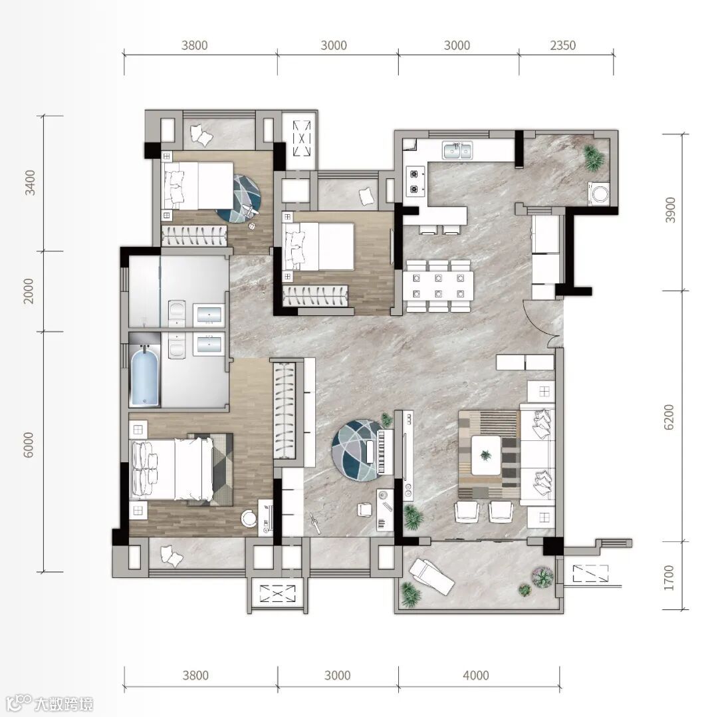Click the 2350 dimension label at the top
563,45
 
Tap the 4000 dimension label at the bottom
476,675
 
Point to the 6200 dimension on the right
669,417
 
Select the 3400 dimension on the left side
30,182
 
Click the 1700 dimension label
669,578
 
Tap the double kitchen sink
457,150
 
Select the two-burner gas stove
414,181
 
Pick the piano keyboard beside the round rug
385,452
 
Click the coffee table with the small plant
486,455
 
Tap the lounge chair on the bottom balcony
432,577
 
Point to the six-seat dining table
438,285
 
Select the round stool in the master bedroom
249,518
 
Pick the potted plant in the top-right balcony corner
594,157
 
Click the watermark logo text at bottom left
63,704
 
